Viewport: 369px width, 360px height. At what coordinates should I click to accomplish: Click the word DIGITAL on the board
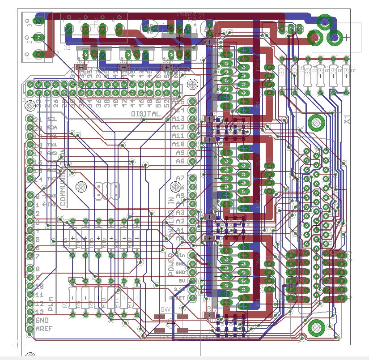pos(145,114)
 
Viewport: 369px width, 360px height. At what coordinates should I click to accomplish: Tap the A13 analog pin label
pos(178,119)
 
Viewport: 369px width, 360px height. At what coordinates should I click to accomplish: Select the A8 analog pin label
pos(180,161)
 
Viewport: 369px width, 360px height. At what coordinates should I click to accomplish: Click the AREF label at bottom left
pos(42,329)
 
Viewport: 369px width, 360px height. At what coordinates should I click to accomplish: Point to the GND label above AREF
pos(42,321)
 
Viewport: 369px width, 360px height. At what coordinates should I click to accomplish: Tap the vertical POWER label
pos(170,263)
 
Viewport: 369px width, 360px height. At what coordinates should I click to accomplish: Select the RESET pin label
pos(178,297)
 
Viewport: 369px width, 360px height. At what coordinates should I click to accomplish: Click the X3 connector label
pos(68,47)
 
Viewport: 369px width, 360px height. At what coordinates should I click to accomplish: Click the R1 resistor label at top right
pos(353,69)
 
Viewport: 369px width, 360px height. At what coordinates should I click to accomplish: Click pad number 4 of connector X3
pos(119,30)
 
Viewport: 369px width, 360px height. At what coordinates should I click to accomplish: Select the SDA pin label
pos(51,127)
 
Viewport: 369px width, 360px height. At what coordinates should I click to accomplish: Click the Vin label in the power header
pos(181,255)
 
